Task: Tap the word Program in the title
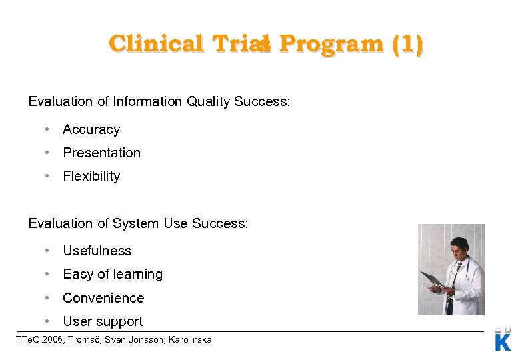(x=331, y=44)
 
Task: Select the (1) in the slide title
(x=407, y=44)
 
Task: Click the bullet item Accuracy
(x=91, y=129)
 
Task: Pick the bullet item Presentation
(x=101, y=153)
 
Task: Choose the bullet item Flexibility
(x=91, y=176)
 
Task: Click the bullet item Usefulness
(x=97, y=251)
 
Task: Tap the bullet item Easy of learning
(x=113, y=274)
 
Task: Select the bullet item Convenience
(x=103, y=298)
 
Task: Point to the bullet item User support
(x=103, y=321)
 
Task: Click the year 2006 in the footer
(x=54, y=340)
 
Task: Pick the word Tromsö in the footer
(x=87, y=340)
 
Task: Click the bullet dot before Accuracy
(x=47, y=129)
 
